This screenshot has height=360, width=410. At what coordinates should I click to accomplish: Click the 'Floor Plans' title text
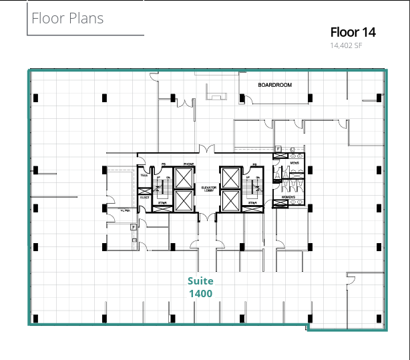(x=67, y=18)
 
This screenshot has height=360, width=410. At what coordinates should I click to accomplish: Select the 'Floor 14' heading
(x=353, y=32)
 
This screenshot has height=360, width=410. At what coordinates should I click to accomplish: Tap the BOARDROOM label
(x=275, y=85)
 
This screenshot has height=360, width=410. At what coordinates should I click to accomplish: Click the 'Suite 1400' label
(x=200, y=287)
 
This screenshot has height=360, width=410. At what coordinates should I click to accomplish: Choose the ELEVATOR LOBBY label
(x=207, y=190)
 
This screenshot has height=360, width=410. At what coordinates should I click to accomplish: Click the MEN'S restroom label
(x=294, y=163)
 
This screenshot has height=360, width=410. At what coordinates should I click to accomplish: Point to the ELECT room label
(x=144, y=198)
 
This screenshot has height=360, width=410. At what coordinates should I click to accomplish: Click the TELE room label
(x=144, y=174)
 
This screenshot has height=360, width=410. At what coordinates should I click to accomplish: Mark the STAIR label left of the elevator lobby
(x=161, y=202)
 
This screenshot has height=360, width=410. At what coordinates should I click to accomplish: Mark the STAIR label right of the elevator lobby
(x=252, y=202)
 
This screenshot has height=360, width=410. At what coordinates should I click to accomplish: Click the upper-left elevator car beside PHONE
(x=183, y=178)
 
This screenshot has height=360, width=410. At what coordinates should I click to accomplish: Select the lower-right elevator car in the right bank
(x=230, y=200)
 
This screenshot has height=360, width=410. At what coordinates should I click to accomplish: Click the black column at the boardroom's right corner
(x=310, y=98)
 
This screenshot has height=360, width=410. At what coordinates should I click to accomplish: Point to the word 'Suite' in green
(x=200, y=281)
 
